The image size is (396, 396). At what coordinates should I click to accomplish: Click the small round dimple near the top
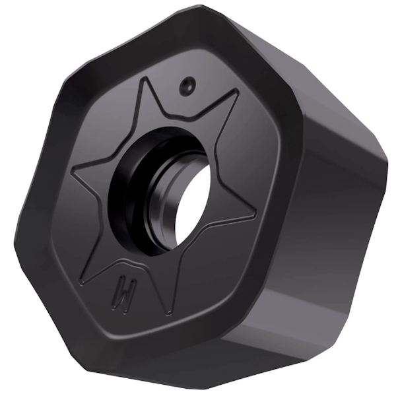pyautogui.click(x=188, y=84)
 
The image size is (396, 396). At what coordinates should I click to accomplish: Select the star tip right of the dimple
pyautogui.click(x=238, y=93)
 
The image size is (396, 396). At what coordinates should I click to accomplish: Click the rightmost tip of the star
pyautogui.click(x=256, y=216)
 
